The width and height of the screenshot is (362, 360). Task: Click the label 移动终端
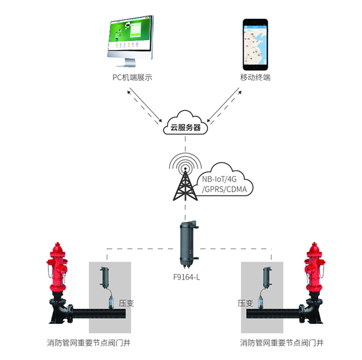point(255,78)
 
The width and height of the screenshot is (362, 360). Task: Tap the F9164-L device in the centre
point(186,244)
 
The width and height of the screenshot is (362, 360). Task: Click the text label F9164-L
point(186,279)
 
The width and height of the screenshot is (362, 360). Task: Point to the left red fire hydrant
point(59,271)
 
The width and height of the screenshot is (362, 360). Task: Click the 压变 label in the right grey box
point(246,303)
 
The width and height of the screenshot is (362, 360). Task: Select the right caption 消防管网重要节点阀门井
point(282,343)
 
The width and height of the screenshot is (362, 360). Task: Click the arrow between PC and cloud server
point(147,106)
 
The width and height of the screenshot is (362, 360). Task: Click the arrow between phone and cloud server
point(224,106)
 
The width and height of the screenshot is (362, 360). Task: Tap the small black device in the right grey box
point(266,278)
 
